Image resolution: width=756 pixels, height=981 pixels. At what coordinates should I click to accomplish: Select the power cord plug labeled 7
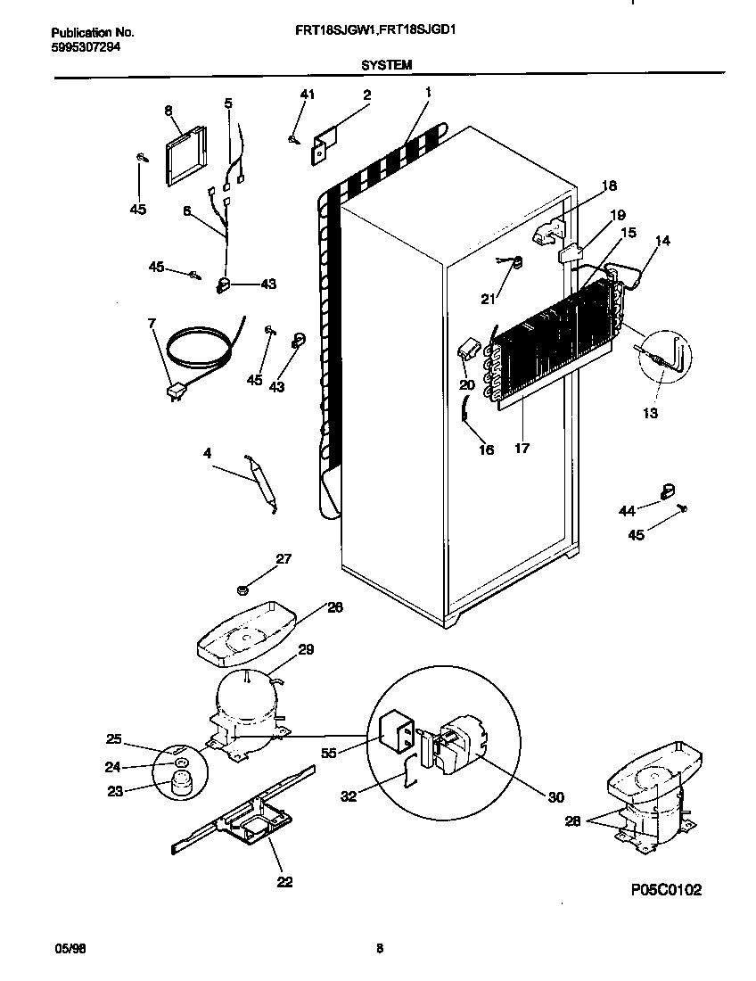pos(174,390)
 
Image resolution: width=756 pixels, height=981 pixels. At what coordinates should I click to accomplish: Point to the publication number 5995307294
pos(80,46)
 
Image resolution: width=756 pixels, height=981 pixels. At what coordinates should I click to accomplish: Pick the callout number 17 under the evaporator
pos(522,448)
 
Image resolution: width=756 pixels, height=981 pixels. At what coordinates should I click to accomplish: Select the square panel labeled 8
pos(186,154)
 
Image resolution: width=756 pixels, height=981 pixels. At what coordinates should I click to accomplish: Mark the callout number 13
pos(650,413)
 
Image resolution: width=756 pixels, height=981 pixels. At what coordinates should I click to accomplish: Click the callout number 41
pos(307,95)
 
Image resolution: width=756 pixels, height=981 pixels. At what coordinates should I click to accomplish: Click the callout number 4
pos(207,453)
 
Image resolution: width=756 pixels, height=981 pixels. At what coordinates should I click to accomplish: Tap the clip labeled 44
pos(665,490)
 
